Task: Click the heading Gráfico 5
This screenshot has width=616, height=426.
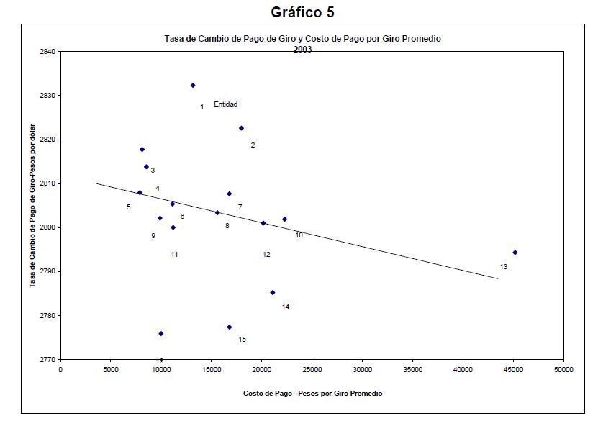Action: click(x=302, y=12)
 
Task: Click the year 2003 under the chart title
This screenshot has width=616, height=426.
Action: click(x=302, y=49)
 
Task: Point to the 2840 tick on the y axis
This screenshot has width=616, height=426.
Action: click(x=49, y=52)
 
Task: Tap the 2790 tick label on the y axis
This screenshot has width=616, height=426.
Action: click(x=49, y=271)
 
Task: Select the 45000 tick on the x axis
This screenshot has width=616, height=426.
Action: click(x=513, y=370)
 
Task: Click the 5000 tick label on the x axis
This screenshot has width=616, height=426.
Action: click(x=110, y=370)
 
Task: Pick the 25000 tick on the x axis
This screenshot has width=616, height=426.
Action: click(x=312, y=370)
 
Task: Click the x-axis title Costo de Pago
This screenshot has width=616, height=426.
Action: click(x=312, y=394)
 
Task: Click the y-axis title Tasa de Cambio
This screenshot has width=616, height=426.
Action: click(x=33, y=206)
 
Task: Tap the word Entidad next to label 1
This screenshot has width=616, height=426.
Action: click(x=225, y=104)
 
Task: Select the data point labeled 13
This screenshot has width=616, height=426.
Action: click(x=515, y=253)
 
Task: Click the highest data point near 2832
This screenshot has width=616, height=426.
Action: click(x=193, y=85)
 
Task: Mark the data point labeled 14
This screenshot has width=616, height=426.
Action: click(x=273, y=292)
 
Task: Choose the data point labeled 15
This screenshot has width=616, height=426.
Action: click(x=229, y=327)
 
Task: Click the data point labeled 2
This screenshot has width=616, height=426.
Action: click(x=241, y=128)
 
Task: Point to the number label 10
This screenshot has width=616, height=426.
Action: click(x=299, y=235)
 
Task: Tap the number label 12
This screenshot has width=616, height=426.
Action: click(x=266, y=255)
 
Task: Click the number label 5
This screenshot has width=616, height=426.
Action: click(x=128, y=207)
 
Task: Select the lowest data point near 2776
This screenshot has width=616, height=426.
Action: click(x=160, y=333)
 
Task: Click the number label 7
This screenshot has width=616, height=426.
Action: click(x=240, y=207)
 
